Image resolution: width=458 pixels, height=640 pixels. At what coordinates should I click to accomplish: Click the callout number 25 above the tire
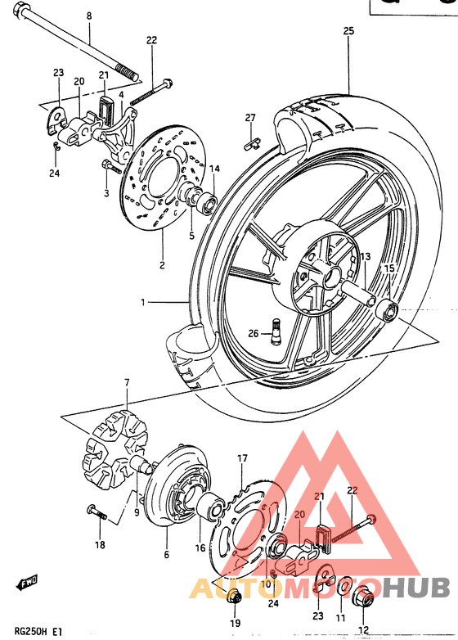(x=348, y=31)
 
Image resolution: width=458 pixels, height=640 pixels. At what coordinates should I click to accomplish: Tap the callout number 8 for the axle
(x=89, y=16)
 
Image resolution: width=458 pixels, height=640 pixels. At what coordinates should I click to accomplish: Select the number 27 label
(x=251, y=118)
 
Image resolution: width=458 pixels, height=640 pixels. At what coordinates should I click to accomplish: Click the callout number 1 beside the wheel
(x=142, y=303)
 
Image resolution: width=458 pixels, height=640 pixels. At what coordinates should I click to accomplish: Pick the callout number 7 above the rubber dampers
(x=127, y=382)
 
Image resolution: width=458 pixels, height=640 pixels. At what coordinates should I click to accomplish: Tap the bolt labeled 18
(x=97, y=514)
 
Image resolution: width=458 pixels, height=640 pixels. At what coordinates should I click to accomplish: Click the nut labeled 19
(x=235, y=599)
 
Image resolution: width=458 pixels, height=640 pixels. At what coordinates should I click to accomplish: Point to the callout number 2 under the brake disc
(x=162, y=265)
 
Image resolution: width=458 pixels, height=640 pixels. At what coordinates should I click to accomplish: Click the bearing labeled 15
(x=387, y=312)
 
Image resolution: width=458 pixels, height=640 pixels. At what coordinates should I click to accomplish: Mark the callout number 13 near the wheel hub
(x=343, y=256)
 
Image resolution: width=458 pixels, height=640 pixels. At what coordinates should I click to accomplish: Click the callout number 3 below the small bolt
(x=106, y=193)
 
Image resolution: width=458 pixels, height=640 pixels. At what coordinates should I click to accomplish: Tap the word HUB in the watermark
(x=418, y=588)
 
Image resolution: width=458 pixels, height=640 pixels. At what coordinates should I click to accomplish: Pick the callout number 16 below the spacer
(x=200, y=550)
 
